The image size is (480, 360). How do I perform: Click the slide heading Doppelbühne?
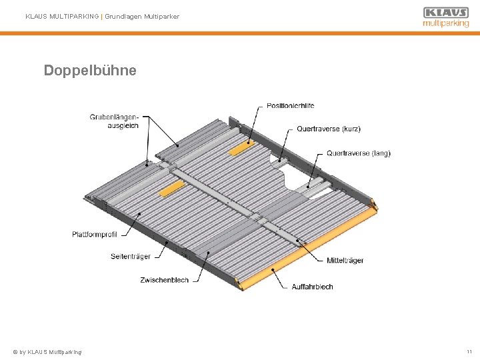90,70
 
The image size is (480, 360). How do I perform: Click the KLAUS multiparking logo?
445,17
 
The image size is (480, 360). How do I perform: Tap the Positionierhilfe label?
291,105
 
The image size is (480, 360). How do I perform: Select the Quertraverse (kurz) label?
328,129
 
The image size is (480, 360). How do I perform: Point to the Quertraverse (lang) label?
358,153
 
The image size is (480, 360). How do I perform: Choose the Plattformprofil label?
95,234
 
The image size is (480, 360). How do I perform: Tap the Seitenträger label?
131,257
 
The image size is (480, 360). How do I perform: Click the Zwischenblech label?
164,280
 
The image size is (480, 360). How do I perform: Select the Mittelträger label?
345,260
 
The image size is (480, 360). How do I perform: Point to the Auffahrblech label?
312,287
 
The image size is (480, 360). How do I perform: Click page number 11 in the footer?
469,351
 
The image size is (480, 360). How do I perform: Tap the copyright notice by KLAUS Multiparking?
47,351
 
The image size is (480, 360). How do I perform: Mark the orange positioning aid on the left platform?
171,189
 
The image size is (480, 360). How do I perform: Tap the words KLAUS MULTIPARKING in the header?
61,16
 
